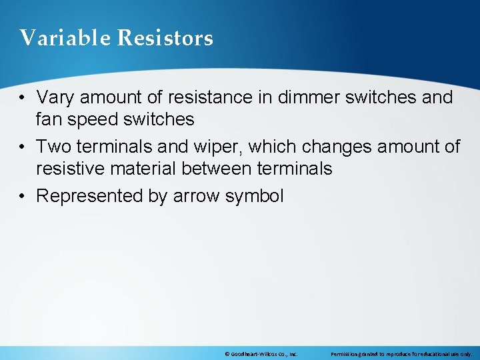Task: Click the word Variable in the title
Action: (65, 38)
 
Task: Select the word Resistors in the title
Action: (165, 38)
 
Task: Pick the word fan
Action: (49, 119)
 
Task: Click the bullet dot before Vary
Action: (23, 98)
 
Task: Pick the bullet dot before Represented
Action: (23, 197)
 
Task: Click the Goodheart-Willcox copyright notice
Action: (261, 353)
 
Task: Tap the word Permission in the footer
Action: (346, 353)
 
